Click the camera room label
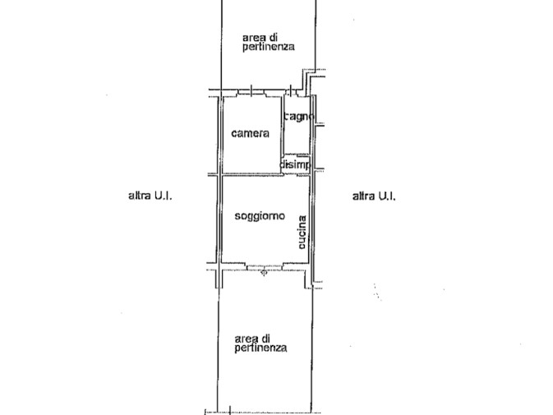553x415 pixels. click(250, 133)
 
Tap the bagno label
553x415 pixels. click(299, 117)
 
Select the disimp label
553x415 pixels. click(295, 164)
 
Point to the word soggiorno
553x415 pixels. click(260, 216)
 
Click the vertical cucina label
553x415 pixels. click(302, 233)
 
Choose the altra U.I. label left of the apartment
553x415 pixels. click(150, 196)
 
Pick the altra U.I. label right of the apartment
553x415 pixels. click(374, 196)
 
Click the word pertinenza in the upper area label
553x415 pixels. click(269, 47)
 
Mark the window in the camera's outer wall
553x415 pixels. click(251, 92)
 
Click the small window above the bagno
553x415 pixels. click(291, 92)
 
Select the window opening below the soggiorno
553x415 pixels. click(265, 267)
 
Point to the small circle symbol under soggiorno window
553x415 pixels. click(264, 273)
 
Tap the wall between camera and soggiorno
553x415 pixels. click(251, 174)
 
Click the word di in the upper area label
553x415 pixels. click(273, 37)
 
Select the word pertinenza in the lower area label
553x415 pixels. click(260, 348)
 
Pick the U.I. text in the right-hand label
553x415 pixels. click(387, 196)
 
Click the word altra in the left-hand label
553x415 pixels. click(140, 196)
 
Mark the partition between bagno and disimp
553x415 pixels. click(297, 154)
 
